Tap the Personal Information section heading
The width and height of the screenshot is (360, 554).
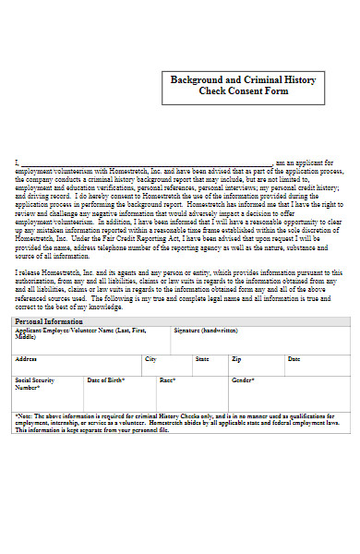(46, 320)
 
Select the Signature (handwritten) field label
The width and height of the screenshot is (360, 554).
(206, 330)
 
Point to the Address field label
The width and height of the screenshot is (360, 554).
(26, 358)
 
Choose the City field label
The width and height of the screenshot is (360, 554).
(150, 358)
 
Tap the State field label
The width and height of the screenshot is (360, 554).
(202, 358)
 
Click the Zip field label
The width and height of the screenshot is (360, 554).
(236, 358)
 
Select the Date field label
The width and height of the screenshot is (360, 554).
(294, 358)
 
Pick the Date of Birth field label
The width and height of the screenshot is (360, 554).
(106, 379)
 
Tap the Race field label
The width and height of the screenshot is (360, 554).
(168, 379)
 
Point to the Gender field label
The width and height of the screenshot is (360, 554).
(243, 379)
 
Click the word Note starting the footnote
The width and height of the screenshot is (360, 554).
(24, 416)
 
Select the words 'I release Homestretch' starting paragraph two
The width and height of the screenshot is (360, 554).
(48, 272)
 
